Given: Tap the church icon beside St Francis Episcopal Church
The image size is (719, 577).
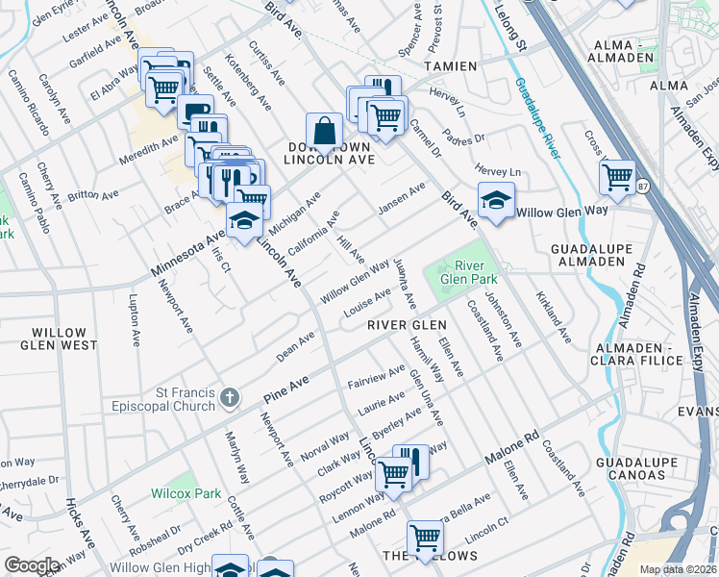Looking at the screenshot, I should tap(229, 397).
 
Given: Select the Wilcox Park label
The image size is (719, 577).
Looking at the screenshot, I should tap(186, 493).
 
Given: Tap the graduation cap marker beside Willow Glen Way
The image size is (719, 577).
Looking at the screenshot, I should tap(496, 200).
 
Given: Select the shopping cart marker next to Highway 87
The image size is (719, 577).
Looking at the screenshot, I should tap(617, 176).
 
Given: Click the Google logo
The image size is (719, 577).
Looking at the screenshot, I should tap(32, 565).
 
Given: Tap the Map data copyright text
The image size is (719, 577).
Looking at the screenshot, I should tap(677, 569).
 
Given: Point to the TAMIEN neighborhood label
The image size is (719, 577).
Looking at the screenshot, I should tap(452, 65).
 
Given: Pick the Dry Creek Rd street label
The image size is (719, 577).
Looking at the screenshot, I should tap(211, 532).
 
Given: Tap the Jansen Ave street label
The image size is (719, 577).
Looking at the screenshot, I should tap(401, 200).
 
